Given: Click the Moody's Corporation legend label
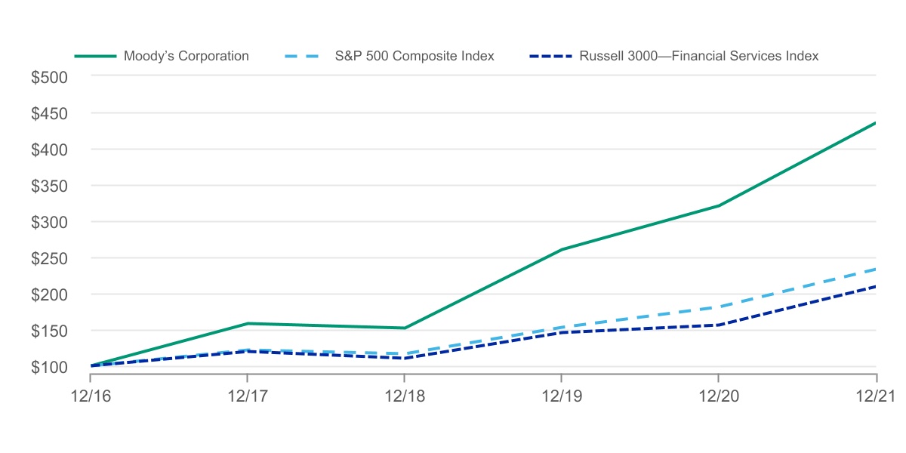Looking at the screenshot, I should [x=186, y=56].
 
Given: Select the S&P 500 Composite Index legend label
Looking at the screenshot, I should [x=414, y=56].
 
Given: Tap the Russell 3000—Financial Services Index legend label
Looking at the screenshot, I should [x=698, y=56].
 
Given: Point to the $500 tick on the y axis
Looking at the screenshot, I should [x=49, y=77].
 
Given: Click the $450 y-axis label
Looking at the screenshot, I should [x=49, y=113].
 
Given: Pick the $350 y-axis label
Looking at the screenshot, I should [x=49, y=186].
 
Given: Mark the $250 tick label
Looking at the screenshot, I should [x=49, y=258].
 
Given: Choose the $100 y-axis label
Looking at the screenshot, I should [x=49, y=367].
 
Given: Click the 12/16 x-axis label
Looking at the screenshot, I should [x=91, y=396].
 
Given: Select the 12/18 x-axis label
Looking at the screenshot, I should [x=405, y=396].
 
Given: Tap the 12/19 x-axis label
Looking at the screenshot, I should [x=562, y=396].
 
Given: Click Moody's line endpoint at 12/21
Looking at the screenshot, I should [x=876, y=122].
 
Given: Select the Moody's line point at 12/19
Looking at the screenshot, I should [x=562, y=249].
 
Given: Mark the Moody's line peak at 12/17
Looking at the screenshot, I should [x=248, y=323].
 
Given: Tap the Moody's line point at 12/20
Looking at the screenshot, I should [x=719, y=205].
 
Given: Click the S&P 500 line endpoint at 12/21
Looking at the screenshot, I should [x=876, y=269].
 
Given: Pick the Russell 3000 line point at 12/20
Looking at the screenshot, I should [x=719, y=325].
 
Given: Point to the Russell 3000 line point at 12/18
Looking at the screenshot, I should [x=405, y=358].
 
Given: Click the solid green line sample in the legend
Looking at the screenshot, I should [x=95, y=56].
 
